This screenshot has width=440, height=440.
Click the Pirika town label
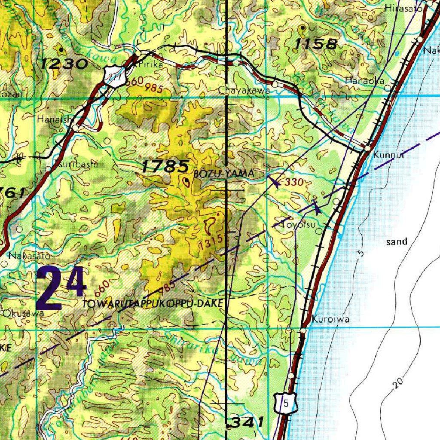pos(149,65)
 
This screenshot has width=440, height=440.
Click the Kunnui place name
pos(389,155)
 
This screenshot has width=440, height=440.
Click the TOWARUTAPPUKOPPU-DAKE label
pos(153,303)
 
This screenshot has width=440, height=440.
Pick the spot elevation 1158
pos(317,43)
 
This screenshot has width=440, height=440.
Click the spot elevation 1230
pos(65,64)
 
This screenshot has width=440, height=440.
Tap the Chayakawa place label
pos(244,91)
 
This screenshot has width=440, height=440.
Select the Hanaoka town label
pos(364,80)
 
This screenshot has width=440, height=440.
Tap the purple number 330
pos(294,182)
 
